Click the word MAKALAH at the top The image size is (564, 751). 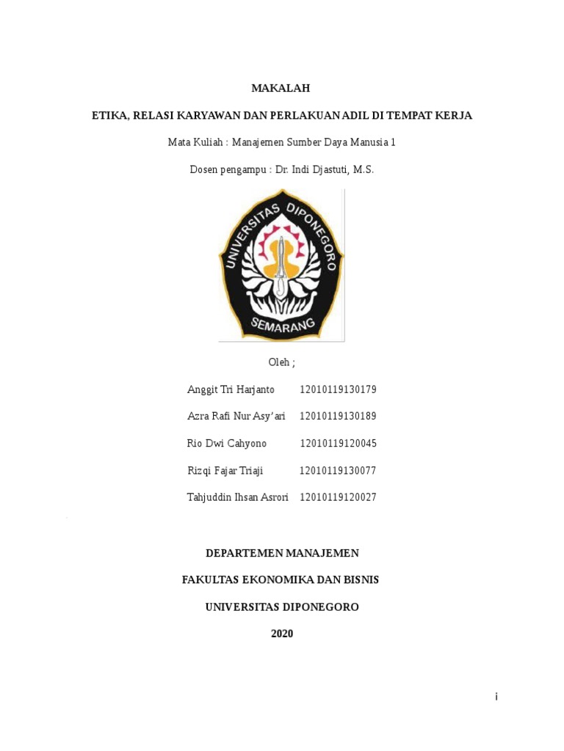281,88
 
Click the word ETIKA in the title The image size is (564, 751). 108,115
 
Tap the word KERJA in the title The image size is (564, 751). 455,115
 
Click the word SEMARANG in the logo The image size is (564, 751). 282,323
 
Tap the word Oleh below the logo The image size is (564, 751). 280,362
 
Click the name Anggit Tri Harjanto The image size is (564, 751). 231,389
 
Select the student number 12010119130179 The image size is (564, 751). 338,389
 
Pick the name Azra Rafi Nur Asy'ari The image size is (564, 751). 236,417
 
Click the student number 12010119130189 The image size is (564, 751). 338,417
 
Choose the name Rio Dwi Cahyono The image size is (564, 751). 227,444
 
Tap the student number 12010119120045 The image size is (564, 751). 338,444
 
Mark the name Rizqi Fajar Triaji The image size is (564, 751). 225,471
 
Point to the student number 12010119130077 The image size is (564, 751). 337,471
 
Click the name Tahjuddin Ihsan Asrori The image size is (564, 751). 237,497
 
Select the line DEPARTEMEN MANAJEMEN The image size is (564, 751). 282,553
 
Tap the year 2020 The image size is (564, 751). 282,634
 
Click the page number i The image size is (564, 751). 496,697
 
